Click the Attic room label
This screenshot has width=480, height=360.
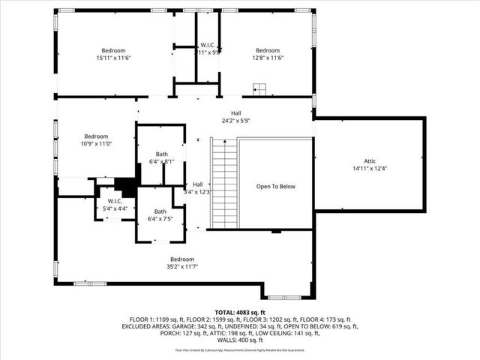[369, 160]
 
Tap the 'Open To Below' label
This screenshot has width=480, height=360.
[275, 186]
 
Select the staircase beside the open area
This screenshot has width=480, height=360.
[223, 184]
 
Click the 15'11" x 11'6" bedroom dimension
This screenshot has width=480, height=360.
[114, 58]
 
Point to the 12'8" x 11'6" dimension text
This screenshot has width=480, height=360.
[267, 58]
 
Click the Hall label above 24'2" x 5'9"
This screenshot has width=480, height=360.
[235, 113]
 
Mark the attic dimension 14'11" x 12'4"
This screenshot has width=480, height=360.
[369, 168]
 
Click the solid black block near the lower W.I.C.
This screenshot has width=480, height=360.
[126, 186]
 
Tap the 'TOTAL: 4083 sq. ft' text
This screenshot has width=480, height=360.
[240, 311]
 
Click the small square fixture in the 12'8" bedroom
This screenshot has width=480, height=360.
[259, 91]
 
